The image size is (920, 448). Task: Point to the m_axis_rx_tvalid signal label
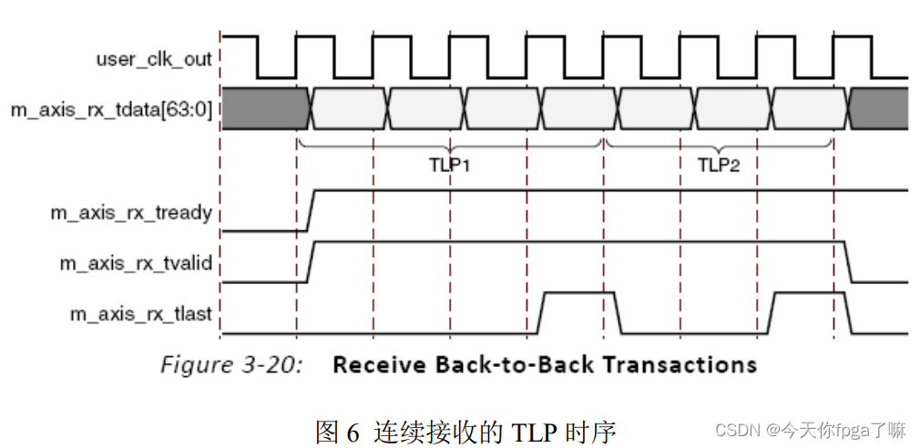(x=136, y=263)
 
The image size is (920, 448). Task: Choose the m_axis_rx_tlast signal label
(x=141, y=314)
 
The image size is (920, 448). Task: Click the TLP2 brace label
(x=720, y=167)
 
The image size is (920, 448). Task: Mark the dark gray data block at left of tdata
(x=263, y=109)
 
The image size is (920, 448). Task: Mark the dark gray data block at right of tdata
(x=879, y=109)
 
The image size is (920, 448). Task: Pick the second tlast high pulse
(x=810, y=294)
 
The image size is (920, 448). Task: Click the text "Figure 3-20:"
(x=230, y=365)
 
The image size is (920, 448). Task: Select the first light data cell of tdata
(x=349, y=109)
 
